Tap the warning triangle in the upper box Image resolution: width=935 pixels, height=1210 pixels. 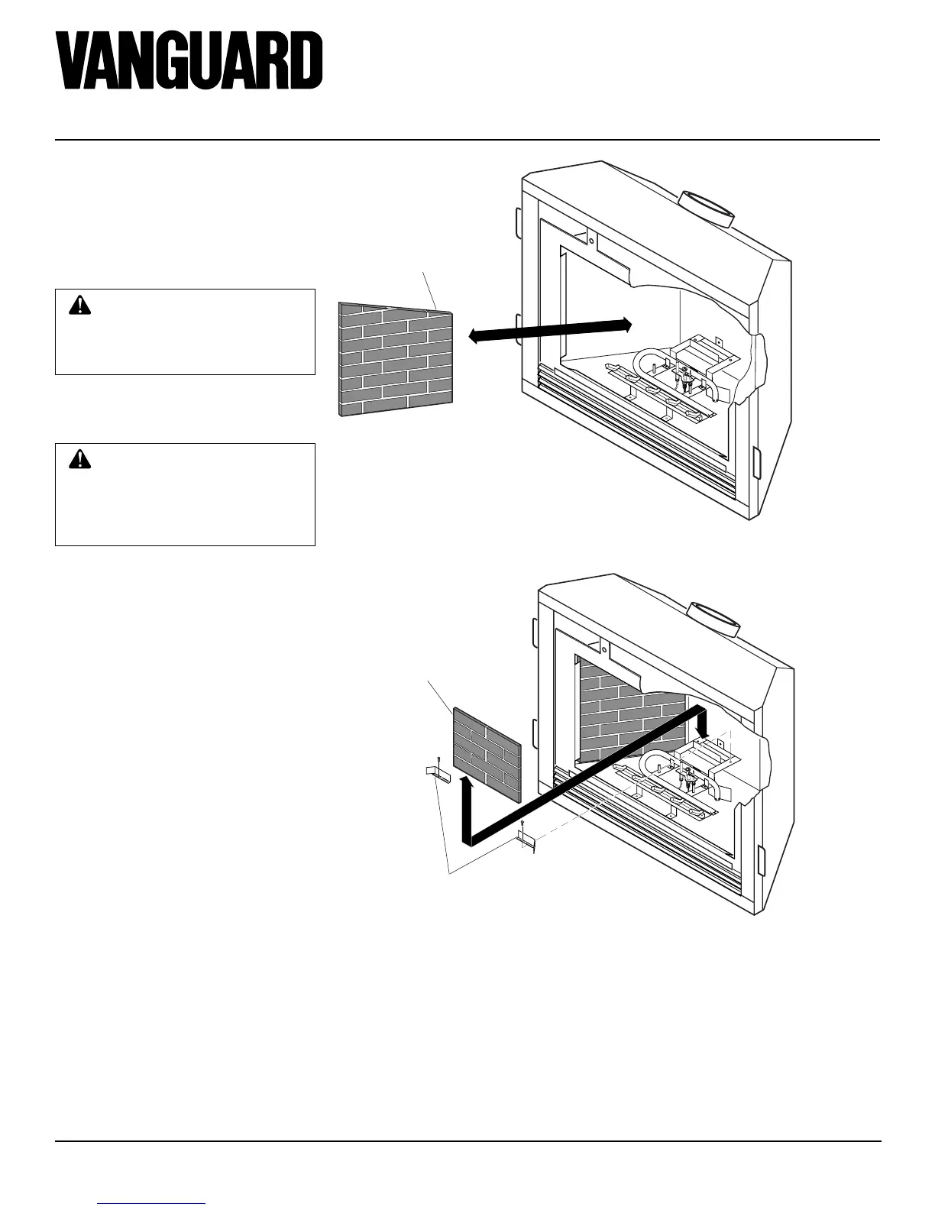coord(79,306)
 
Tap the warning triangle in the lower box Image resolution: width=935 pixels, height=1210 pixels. coord(79,459)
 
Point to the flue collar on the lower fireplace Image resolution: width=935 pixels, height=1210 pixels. coord(715,620)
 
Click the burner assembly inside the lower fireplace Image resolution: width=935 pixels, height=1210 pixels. coord(680,779)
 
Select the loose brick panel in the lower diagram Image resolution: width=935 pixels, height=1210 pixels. coord(487,753)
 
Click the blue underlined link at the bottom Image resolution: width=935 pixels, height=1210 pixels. coord(152,1204)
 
